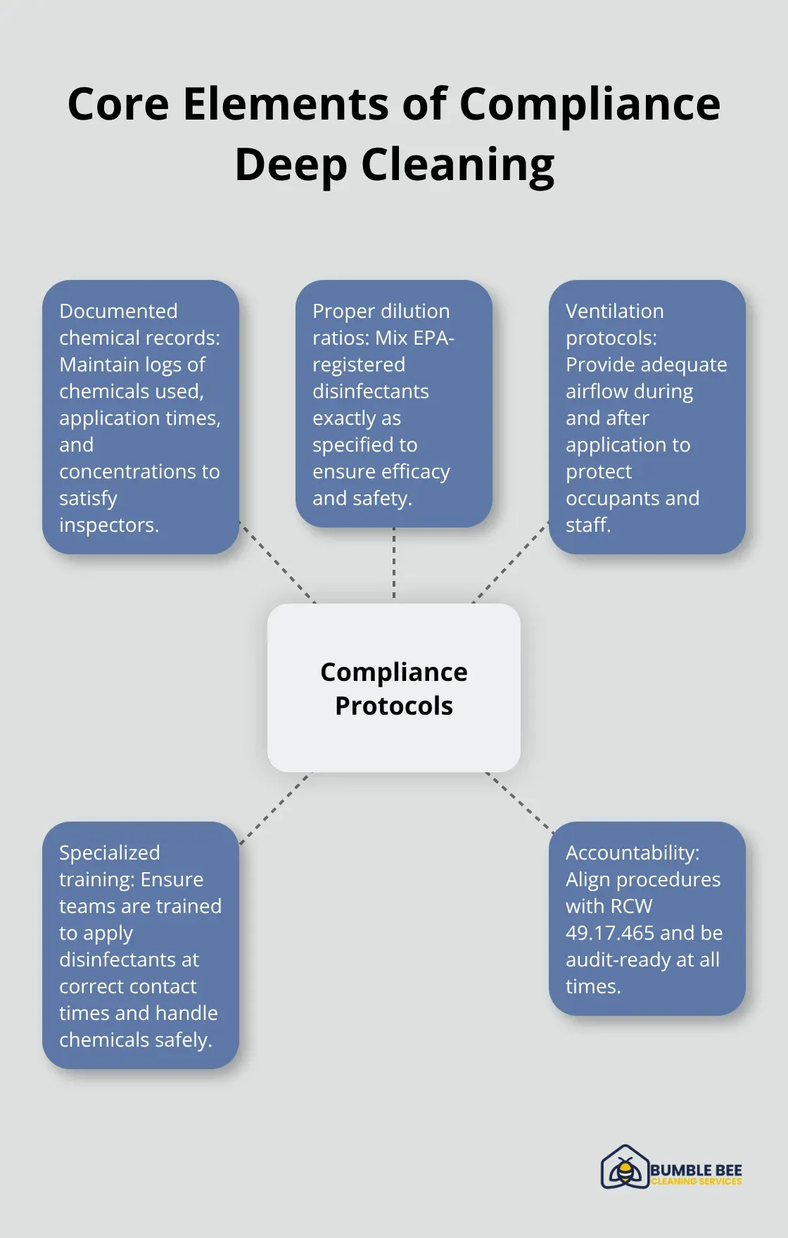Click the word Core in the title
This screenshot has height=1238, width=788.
pyautogui.click(x=118, y=104)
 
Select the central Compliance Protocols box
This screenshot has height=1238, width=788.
pyautogui.click(x=394, y=688)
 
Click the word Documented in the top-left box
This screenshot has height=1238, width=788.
pyautogui.click(x=118, y=311)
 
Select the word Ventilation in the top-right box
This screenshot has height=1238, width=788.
pyautogui.click(x=614, y=311)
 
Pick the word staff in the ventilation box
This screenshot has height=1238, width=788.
pyautogui.click(x=587, y=525)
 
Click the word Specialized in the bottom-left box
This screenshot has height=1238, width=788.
pyautogui.click(x=109, y=853)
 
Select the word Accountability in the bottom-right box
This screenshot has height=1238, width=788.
pyautogui.click(x=632, y=853)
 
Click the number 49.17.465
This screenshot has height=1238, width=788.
pyautogui.click(x=609, y=933)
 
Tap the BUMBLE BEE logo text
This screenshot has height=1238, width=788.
pyautogui.click(x=696, y=1170)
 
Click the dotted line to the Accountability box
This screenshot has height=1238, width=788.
pyautogui.click(x=519, y=802)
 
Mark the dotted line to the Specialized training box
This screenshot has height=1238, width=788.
pyautogui.click(x=275, y=808)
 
